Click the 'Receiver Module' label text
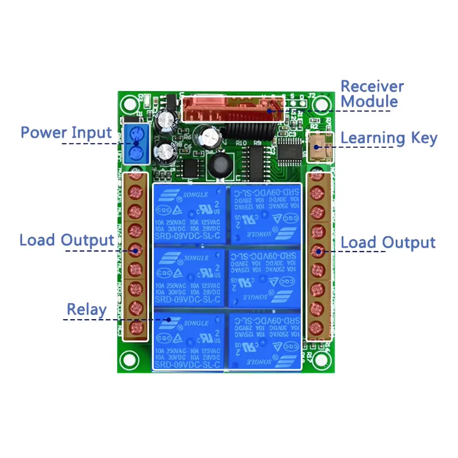click(x=372, y=93)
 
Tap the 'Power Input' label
click(x=66, y=133)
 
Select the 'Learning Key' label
click(x=389, y=138)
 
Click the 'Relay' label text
click(x=87, y=310)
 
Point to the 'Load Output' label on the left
click(x=66, y=240)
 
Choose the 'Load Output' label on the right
click(x=388, y=243)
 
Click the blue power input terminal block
click(x=136, y=144)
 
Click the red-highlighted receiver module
click(x=233, y=109)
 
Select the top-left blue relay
click(x=189, y=213)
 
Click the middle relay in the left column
click(x=189, y=278)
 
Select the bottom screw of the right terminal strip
click(x=315, y=328)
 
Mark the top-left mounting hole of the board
click(x=130, y=103)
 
